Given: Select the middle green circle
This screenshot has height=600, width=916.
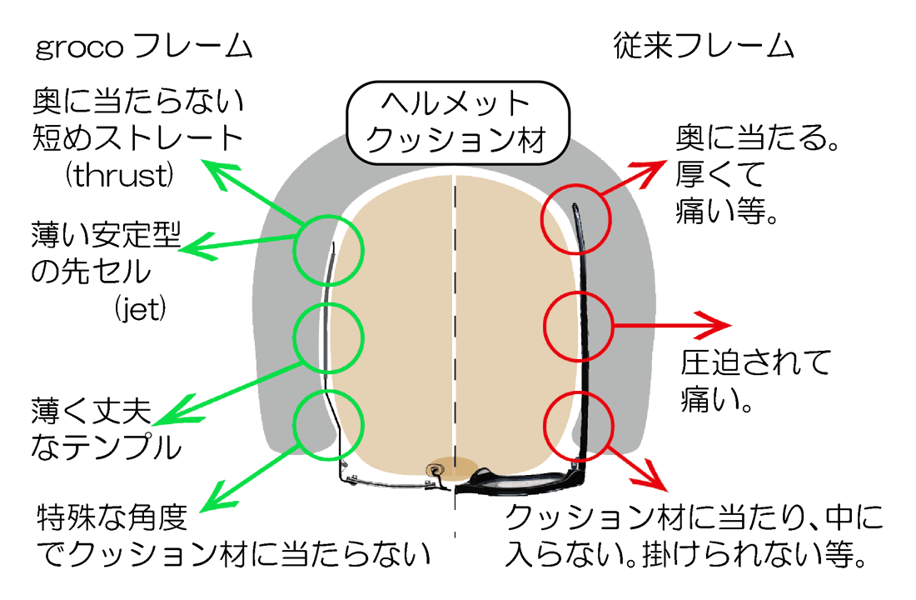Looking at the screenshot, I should (x=330, y=335).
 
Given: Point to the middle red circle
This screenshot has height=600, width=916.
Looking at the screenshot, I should (x=578, y=324).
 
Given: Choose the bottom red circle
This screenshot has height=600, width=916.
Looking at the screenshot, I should (x=578, y=426).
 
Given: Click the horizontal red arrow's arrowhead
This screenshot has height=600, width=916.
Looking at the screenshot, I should (x=716, y=323).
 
